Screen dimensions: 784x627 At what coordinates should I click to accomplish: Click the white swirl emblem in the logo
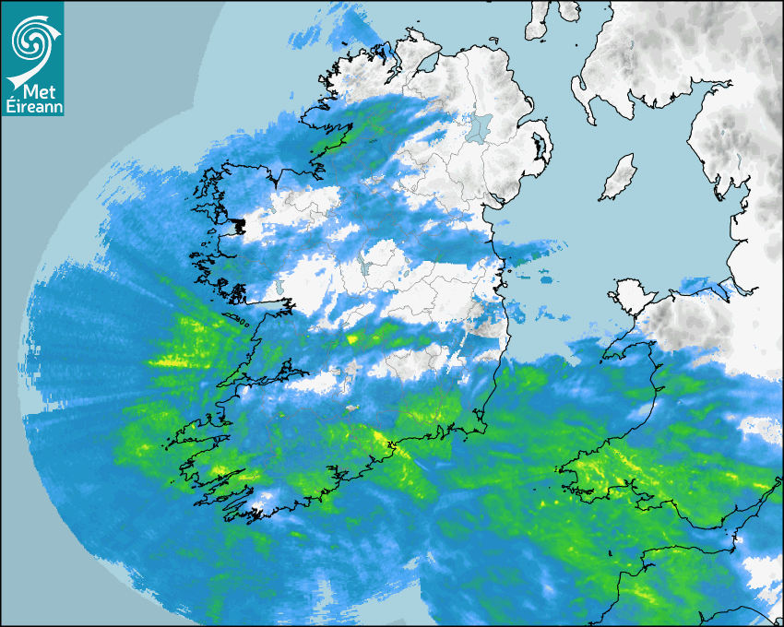point(32,39)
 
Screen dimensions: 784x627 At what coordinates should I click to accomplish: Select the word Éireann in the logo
point(33,107)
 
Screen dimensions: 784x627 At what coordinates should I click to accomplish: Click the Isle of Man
point(618,178)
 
